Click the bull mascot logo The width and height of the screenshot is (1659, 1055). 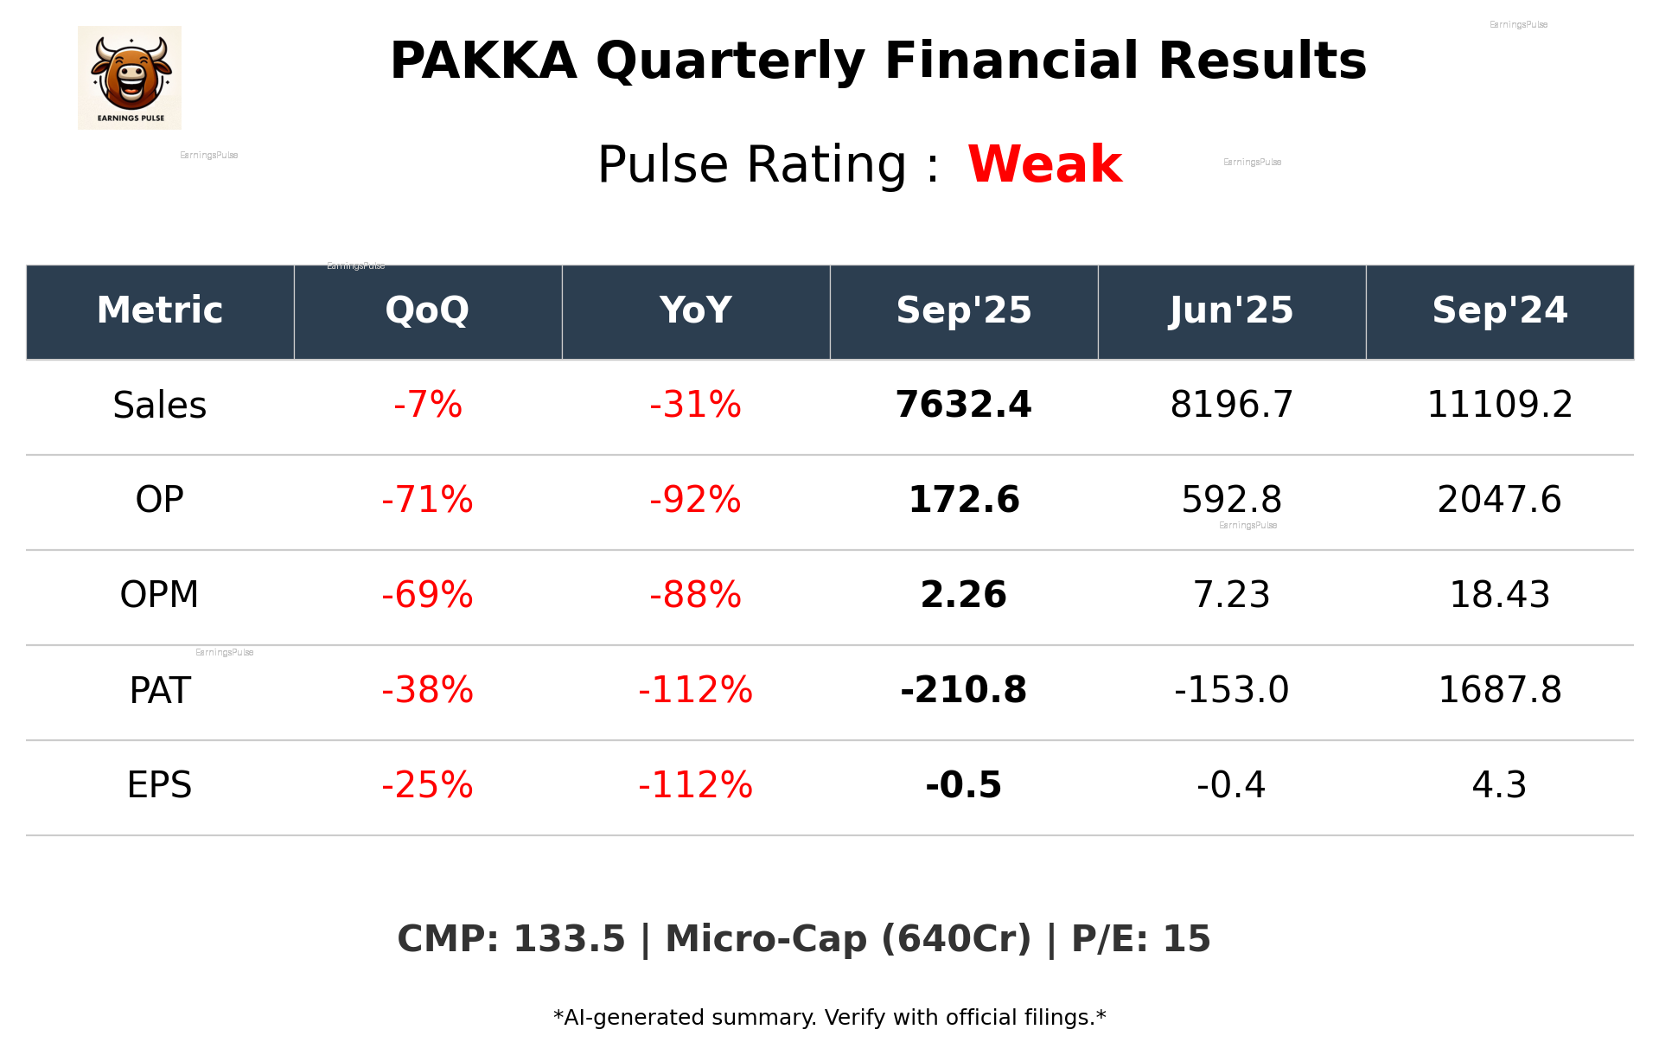tap(130, 77)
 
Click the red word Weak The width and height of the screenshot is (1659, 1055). tap(1044, 164)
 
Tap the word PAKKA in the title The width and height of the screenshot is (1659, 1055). tap(482, 61)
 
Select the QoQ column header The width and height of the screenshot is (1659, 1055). tap(427, 310)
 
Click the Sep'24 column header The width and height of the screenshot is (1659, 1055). tap(1499, 310)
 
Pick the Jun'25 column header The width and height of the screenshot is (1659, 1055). tap(1231, 310)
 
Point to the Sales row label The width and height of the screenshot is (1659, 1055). tap(160, 405)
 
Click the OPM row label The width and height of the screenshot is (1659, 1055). tap(159, 595)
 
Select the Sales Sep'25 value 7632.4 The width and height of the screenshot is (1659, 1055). tap(963, 405)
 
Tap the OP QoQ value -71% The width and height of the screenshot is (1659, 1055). tap(427, 500)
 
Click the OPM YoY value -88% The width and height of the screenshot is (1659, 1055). tap(695, 595)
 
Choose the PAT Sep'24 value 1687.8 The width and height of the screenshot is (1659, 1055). tap(1499, 690)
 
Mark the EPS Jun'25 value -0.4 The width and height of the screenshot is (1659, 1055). tap(1231, 785)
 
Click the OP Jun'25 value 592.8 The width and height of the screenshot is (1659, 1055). tap(1231, 500)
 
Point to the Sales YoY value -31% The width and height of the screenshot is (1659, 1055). tap(695, 405)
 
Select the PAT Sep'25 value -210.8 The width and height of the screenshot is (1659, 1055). tap(963, 690)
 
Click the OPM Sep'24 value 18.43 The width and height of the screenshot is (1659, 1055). tap(1499, 595)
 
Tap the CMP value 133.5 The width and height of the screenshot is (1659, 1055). tap(569, 939)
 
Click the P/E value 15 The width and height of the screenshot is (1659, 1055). tap(1186, 939)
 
